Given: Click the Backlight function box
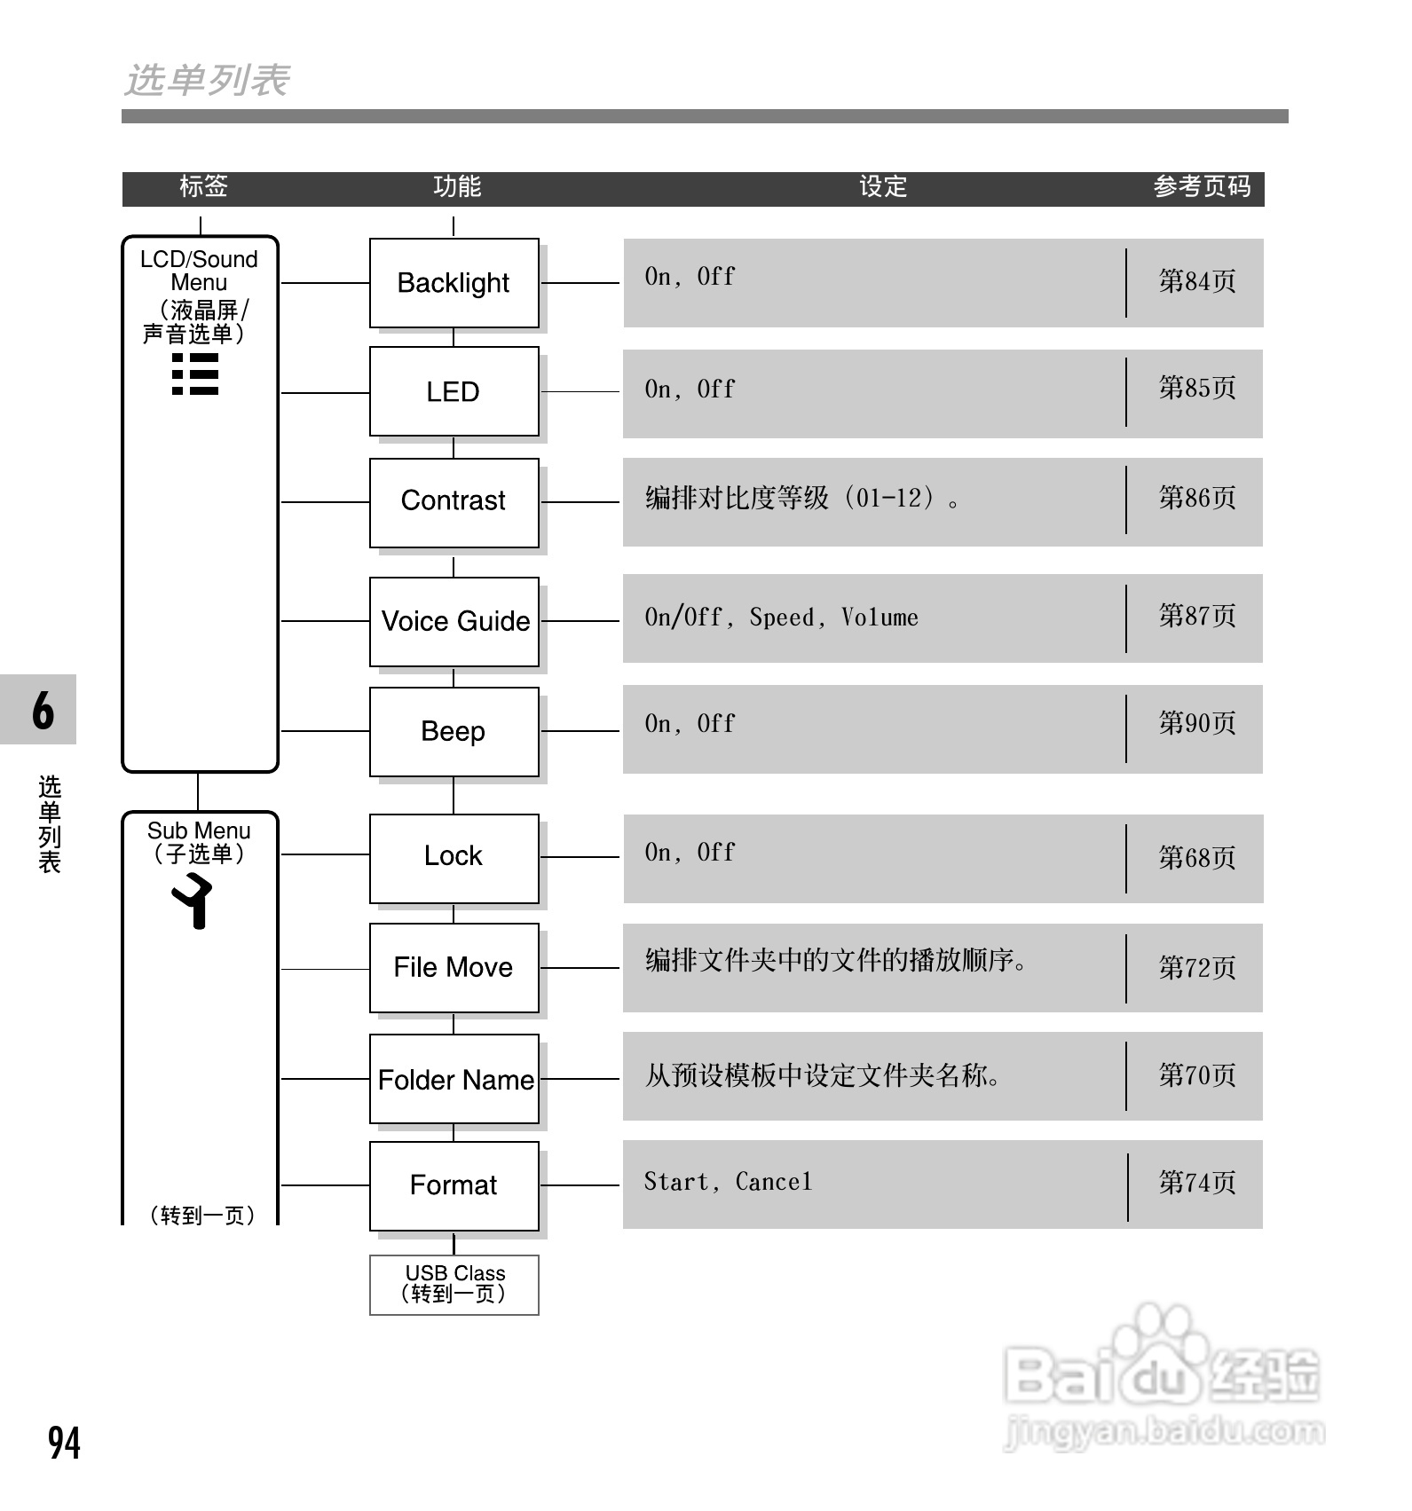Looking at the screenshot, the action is (x=454, y=283).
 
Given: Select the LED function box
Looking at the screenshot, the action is (x=454, y=391).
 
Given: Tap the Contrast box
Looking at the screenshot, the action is (x=454, y=501).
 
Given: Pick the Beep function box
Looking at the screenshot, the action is (x=454, y=732).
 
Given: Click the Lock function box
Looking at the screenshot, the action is (x=454, y=857).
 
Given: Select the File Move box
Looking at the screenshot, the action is (x=454, y=967).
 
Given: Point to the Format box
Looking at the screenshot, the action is (x=454, y=1185).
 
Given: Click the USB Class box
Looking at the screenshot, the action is (x=454, y=1284).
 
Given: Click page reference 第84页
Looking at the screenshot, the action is (x=1196, y=282).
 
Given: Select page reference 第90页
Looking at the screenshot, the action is (x=1196, y=724).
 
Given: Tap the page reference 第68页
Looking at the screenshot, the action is (x=1196, y=858).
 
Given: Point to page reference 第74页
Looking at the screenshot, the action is (x=1196, y=1183).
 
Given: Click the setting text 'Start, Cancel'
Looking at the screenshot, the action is (x=728, y=1183).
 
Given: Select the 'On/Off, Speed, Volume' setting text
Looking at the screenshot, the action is (x=781, y=618).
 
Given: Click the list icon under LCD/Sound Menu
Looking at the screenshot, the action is (x=195, y=374).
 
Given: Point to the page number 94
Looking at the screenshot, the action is (x=64, y=1443).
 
